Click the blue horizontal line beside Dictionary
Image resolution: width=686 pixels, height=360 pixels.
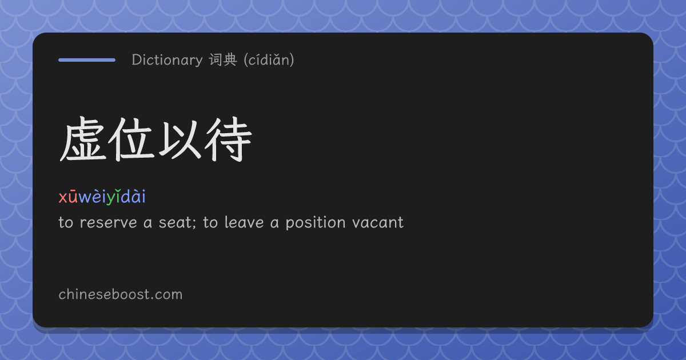pos(87,60)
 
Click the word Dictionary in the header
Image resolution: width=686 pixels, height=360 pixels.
pos(167,59)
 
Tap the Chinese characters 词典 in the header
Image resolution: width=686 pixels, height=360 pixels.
pos(223,59)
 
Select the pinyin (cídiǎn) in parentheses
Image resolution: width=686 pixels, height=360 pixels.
pos(269,59)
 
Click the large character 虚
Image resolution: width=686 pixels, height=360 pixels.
pos(83,139)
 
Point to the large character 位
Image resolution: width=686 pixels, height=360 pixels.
pos(131,139)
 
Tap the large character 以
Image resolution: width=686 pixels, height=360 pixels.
pos(179,140)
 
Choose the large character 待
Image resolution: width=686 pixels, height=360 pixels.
pos(228,139)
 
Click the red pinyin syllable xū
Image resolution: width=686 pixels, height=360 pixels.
pos(68,197)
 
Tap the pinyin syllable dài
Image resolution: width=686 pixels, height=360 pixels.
pos(133,196)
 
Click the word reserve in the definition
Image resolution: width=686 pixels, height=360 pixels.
pos(108,222)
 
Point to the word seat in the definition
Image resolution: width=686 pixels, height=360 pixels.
pos(176,222)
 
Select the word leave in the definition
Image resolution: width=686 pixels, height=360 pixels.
pos(244,222)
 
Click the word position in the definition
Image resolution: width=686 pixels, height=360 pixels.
pos(316,223)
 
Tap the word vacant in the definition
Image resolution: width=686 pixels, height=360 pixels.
pos(378,222)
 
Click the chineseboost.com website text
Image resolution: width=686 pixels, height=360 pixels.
pos(121,294)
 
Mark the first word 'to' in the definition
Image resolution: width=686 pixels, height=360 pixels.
pos(66,222)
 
